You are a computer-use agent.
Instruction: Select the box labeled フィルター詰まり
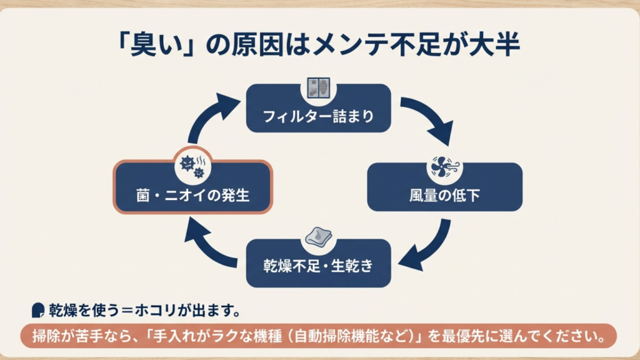pos(318,116)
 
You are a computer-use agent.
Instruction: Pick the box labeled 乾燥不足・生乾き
pos(318,266)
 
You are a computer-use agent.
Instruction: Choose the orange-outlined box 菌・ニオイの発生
pos(192,194)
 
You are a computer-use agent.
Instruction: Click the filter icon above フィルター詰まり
pos(319,88)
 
